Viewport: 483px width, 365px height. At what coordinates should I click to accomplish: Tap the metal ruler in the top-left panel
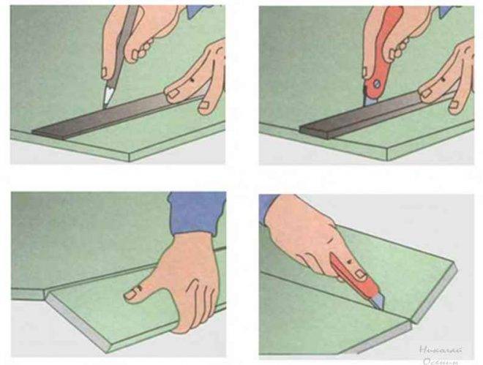[110, 116]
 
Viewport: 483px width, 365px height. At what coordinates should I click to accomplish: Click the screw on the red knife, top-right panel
[376, 85]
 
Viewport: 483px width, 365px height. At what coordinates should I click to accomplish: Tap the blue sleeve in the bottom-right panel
[269, 208]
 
